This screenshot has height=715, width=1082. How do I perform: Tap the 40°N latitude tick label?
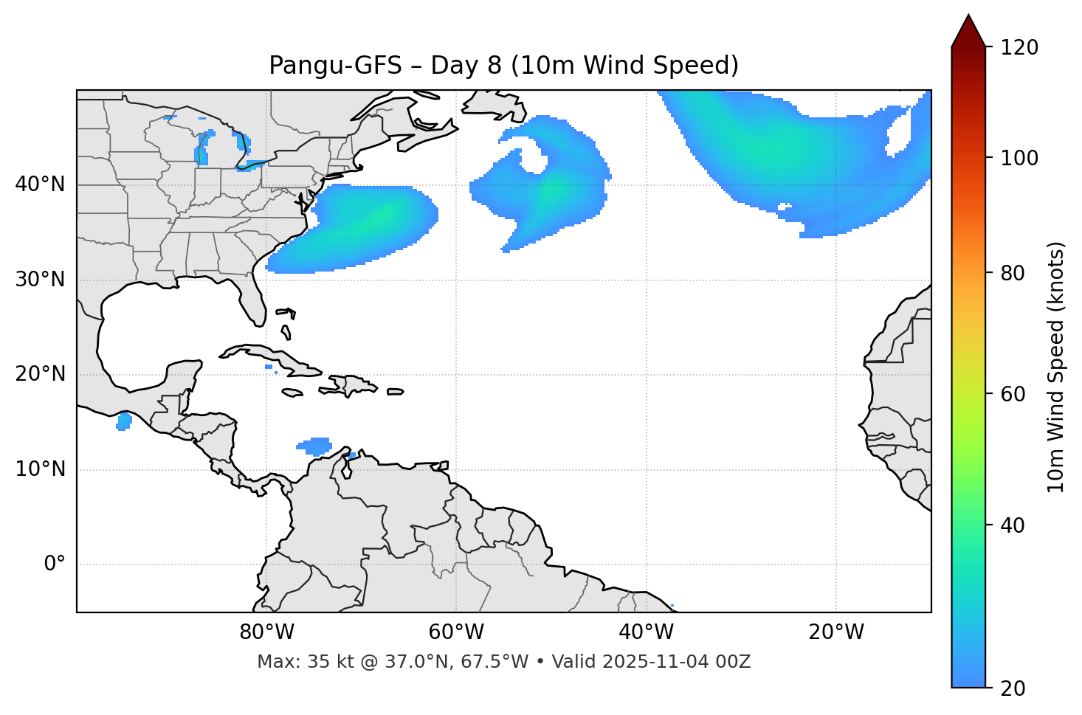40,184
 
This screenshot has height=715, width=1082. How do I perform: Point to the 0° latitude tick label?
54,564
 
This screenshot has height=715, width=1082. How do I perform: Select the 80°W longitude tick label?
266,632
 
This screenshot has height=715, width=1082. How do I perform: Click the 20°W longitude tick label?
835,632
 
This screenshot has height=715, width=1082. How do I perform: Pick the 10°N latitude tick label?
40,469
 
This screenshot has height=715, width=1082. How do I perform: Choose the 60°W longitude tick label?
455,632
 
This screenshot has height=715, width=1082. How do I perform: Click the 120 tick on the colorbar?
1019,47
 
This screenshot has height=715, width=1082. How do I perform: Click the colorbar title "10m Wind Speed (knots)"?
1056,367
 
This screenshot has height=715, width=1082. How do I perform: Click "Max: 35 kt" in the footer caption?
289,662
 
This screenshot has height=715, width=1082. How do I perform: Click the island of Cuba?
266,355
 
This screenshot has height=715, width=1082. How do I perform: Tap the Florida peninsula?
252,299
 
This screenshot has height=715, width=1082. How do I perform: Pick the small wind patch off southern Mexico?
124,421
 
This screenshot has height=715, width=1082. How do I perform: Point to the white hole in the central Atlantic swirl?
534,158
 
